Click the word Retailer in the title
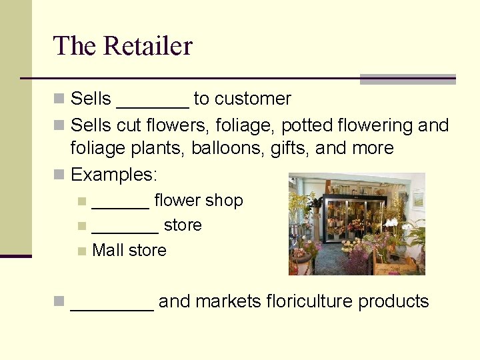(148, 47)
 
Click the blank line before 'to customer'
(152, 100)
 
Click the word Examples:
(114, 175)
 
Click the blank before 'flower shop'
(120, 201)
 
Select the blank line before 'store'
(125, 226)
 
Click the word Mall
(107, 251)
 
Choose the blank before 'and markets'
(112, 303)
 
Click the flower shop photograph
(357, 224)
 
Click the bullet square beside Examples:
(59, 175)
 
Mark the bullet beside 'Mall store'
(81, 251)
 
